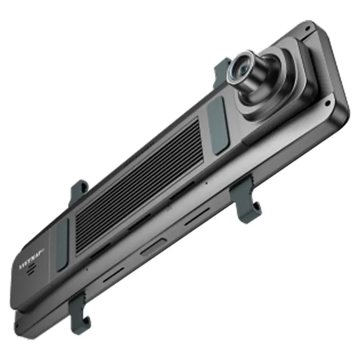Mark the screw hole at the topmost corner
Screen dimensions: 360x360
point(307,29)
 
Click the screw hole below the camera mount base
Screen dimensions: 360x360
point(328,103)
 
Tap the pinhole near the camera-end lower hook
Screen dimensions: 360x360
point(206,182)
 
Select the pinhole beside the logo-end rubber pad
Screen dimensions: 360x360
point(86,269)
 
